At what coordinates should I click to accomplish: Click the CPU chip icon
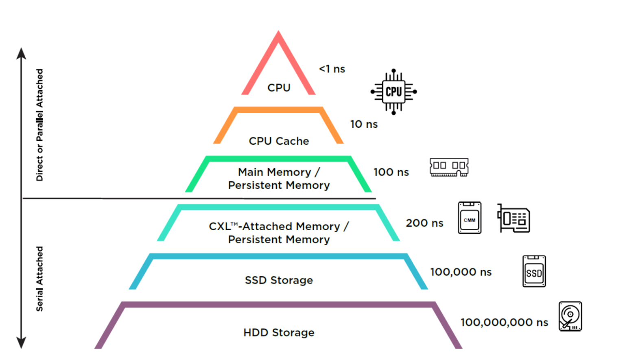point(393,92)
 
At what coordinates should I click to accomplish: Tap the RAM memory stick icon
point(449,167)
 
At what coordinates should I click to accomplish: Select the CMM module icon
point(470,218)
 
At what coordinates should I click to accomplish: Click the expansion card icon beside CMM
point(514,218)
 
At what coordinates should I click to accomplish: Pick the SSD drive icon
point(534,271)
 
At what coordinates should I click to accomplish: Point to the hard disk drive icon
point(570,316)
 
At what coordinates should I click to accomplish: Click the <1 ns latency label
point(332,69)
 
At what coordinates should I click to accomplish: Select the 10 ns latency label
point(364,124)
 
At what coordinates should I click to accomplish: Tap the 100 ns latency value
point(391,172)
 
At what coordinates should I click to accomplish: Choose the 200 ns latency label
point(424,223)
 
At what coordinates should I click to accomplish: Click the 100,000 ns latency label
point(461,272)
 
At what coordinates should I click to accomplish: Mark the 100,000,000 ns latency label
point(504,322)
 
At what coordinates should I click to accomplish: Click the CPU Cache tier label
point(279,141)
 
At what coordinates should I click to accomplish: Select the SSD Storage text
point(279,280)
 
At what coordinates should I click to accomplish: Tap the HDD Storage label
point(279,332)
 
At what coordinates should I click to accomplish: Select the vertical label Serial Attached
point(39,279)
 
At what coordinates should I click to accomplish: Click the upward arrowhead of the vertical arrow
point(21,53)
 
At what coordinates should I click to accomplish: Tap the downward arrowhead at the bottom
point(21,343)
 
